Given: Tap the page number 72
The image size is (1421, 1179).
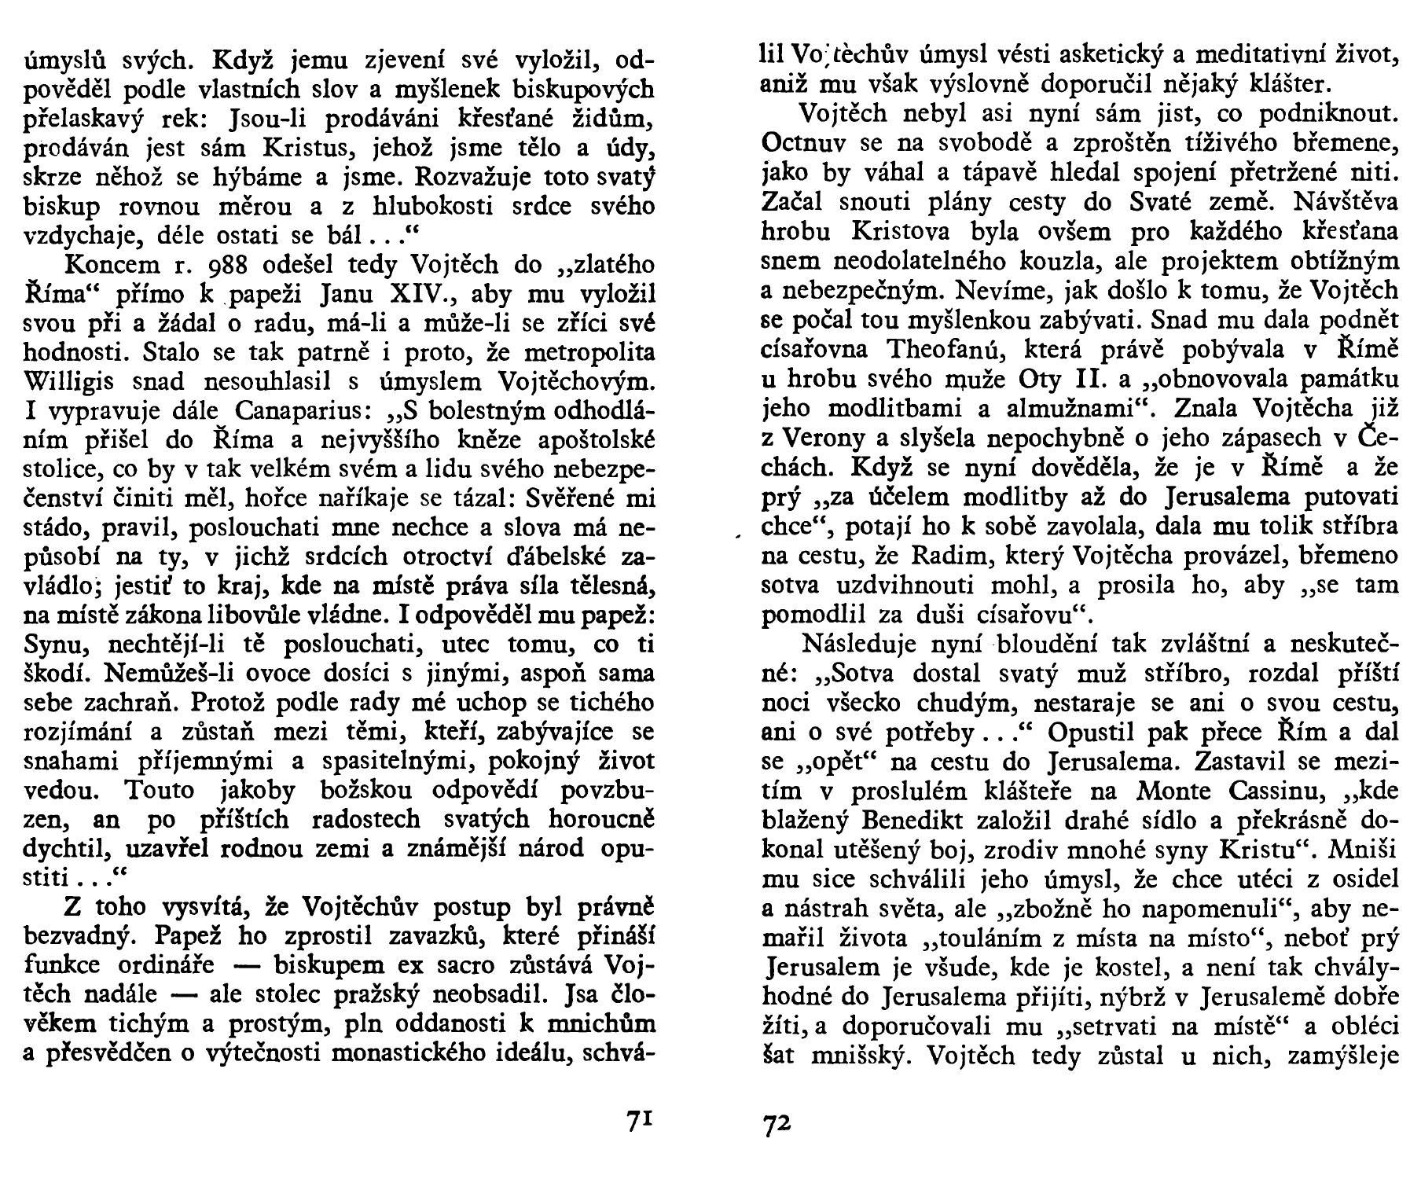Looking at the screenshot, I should click(x=777, y=1122).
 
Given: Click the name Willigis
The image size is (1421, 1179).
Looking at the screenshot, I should click(x=72, y=382).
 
